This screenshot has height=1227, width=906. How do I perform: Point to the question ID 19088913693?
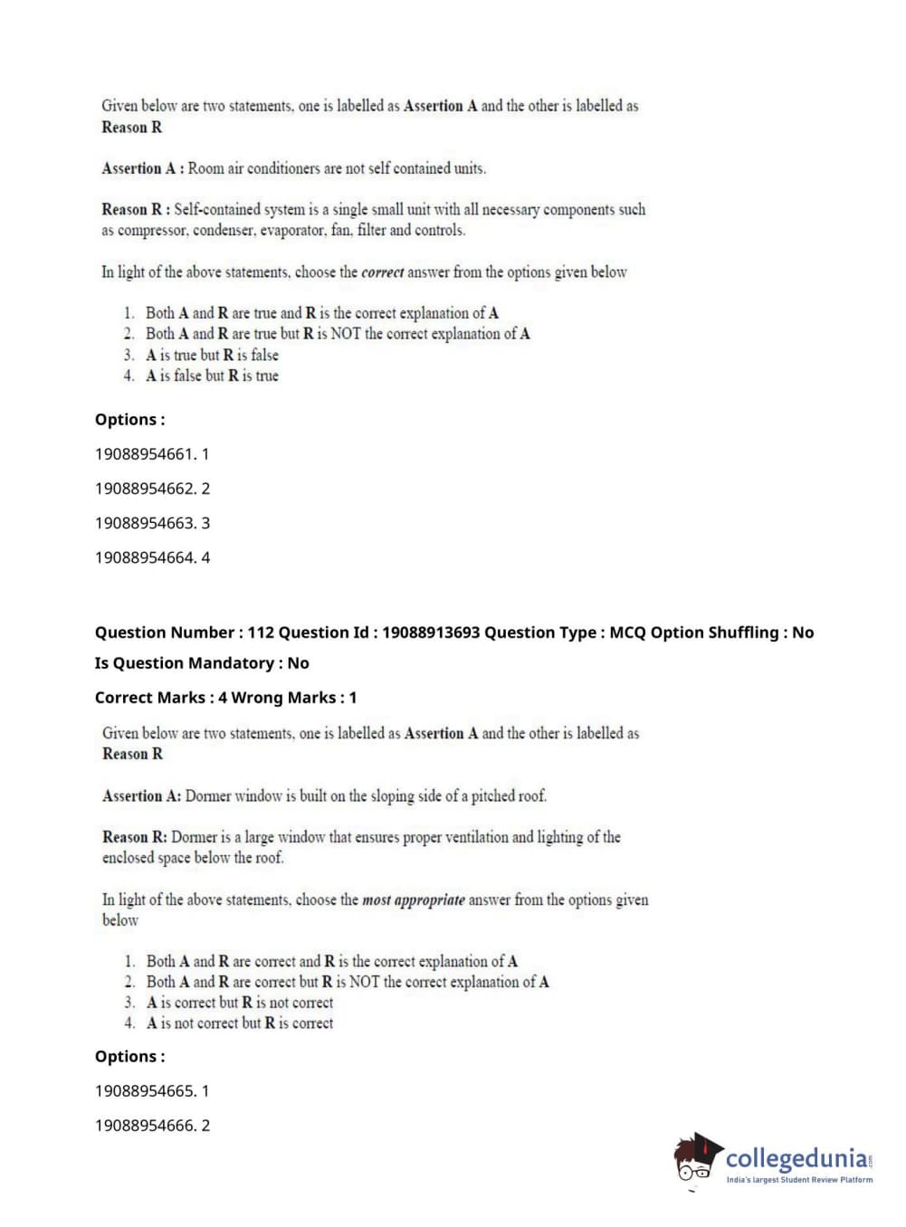pos(430,633)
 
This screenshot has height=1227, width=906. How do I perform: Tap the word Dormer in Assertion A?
pos(208,796)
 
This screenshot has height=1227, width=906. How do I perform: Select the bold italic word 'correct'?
pos(382,272)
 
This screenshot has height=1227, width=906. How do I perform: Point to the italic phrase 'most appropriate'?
pos(413,900)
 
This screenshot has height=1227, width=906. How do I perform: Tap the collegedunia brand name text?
pos(796,1158)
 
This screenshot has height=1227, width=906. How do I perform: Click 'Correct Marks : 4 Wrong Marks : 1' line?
pos(225,698)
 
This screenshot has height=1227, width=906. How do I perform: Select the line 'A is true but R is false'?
pos(212,355)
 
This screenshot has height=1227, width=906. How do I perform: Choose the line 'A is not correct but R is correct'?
pos(240,1023)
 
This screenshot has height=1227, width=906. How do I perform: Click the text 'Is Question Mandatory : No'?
pos(202,663)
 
